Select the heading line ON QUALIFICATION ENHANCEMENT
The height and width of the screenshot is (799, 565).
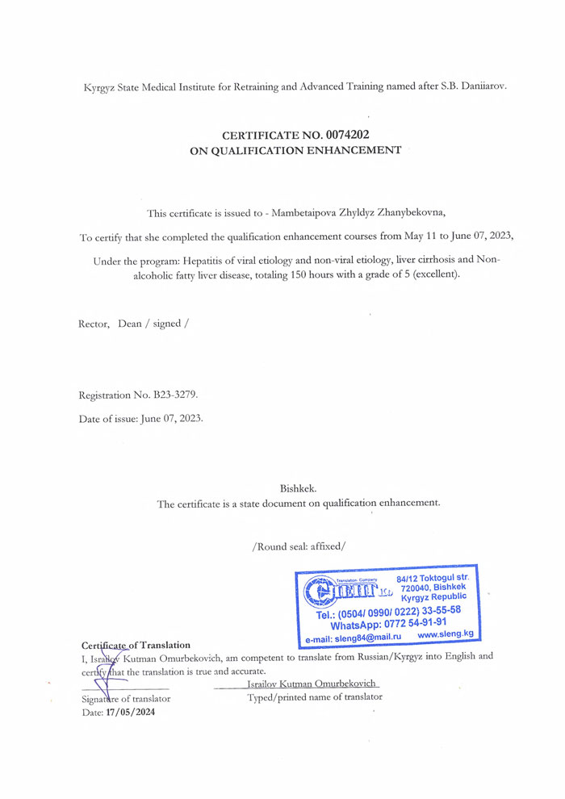(295, 149)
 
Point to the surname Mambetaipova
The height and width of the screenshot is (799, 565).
(311, 212)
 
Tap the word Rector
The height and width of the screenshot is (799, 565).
(93, 324)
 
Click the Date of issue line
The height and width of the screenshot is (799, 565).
(140, 420)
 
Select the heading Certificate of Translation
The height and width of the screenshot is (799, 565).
(136, 645)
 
